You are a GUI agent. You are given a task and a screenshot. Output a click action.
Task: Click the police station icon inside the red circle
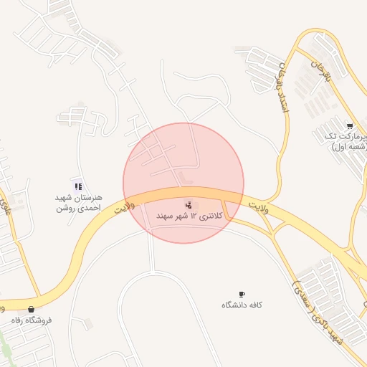coord(189,205)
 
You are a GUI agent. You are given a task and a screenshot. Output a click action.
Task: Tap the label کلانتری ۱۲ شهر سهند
coord(190,216)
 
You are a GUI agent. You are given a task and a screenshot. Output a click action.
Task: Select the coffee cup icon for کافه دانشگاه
coord(242,295)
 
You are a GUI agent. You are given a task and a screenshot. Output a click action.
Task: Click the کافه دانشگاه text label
coord(242,305)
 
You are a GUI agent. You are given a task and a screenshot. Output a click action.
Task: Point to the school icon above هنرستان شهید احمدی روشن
coord(78,186)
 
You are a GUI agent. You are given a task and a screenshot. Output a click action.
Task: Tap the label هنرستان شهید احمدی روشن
coord(80,202)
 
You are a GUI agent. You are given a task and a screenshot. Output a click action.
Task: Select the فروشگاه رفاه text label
coord(31,320)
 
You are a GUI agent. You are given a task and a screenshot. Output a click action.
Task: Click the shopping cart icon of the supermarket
coord(349,125)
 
